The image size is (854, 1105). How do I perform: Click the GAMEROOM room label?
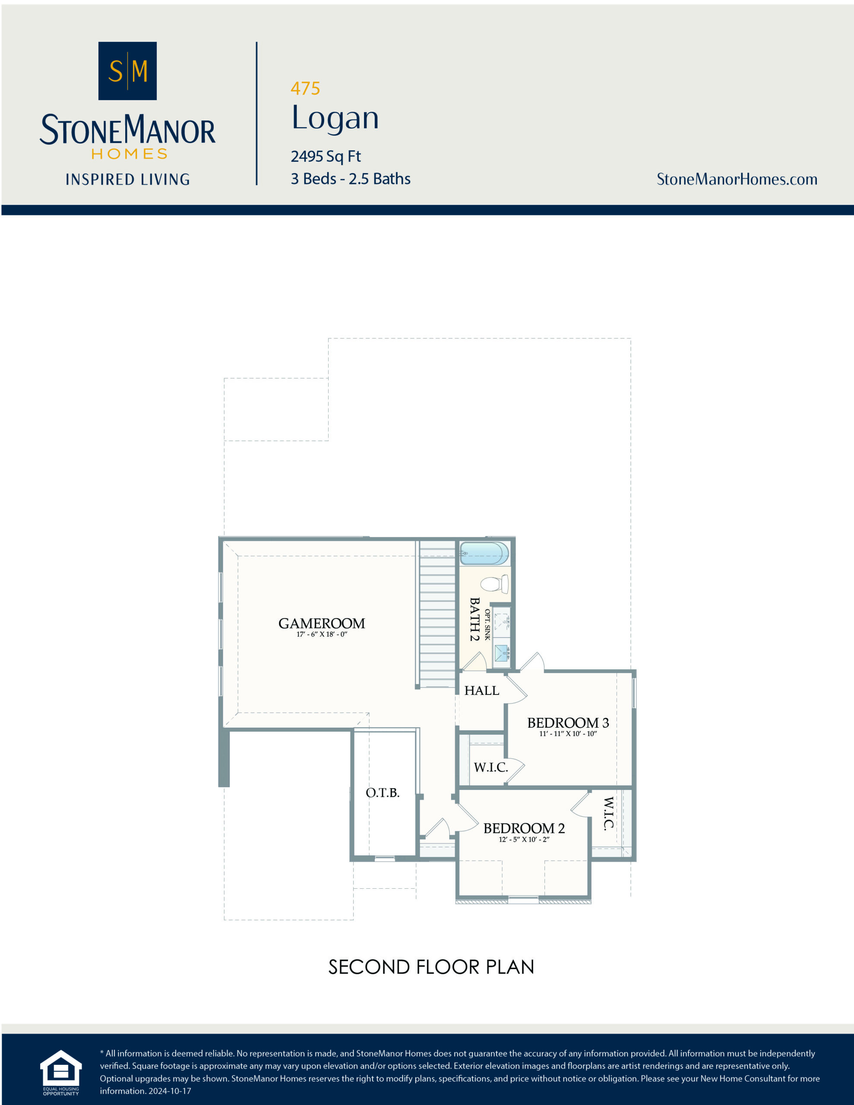tap(322, 623)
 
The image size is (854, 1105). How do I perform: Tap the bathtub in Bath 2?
tap(484, 553)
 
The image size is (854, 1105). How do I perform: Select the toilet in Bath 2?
tap(494, 584)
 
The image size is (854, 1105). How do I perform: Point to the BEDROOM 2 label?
tap(524, 828)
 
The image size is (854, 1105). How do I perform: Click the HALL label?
tap(481, 690)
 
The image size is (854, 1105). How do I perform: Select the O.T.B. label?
tap(383, 792)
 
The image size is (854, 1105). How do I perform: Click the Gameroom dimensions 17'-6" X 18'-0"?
tap(322, 635)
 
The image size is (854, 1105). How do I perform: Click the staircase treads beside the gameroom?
tap(437, 612)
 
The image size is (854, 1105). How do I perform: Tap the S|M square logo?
tap(127, 71)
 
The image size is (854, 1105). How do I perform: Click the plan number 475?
tap(305, 88)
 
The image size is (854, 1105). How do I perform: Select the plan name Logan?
tap(335, 118)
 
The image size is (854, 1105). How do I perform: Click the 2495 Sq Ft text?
tap(326, 156)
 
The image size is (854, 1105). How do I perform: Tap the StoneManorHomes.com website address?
tap(737, 179)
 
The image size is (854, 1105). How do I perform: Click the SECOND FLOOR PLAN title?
tap(431, 967)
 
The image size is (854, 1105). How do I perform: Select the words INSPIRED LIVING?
tap(127, 180)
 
